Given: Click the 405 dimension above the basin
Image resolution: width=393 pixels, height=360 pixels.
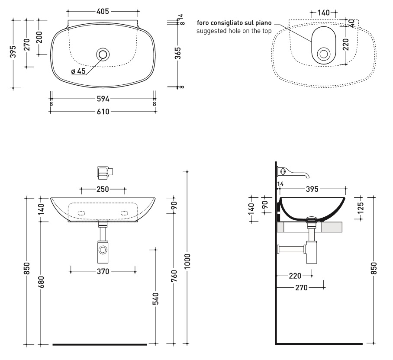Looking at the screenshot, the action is pos(103,12).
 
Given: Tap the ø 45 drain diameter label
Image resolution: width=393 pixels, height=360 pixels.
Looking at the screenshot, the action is pos(78,71).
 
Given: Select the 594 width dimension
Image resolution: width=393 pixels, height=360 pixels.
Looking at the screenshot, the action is pos(103,99).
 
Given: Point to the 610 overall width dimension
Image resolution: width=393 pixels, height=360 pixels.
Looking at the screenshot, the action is pos(103,112).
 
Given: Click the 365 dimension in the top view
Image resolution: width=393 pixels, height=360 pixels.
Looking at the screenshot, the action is pos(178,53).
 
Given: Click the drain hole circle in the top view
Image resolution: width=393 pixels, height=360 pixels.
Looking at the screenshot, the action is pos(103,54).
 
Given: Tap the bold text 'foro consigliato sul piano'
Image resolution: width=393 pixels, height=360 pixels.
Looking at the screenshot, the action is pos(234,23).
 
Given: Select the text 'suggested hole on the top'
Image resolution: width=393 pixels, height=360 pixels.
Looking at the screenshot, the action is pos(234,31).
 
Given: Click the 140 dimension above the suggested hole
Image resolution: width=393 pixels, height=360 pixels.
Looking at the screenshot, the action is pos(324,13).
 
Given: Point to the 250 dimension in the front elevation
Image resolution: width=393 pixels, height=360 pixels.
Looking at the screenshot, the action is pos(103,190).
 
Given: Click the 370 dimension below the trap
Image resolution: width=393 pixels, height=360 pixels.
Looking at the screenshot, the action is pos(103,272).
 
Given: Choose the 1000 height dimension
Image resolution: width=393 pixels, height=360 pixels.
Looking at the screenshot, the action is pos(187,261).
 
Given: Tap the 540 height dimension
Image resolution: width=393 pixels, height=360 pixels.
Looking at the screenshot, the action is pos(155,299).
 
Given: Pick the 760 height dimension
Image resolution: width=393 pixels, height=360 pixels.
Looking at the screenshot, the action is pos(174,276).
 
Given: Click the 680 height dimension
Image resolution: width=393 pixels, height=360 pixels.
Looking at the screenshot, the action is pos(42,282).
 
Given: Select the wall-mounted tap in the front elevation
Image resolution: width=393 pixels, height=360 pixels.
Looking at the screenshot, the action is pos(105,173).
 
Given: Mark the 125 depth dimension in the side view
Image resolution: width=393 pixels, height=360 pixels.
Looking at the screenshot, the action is pos(360,208).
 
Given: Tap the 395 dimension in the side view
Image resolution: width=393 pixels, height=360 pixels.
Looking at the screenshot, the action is pos(312,189).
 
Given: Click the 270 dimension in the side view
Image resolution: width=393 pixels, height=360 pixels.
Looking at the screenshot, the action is pos(301,288).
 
